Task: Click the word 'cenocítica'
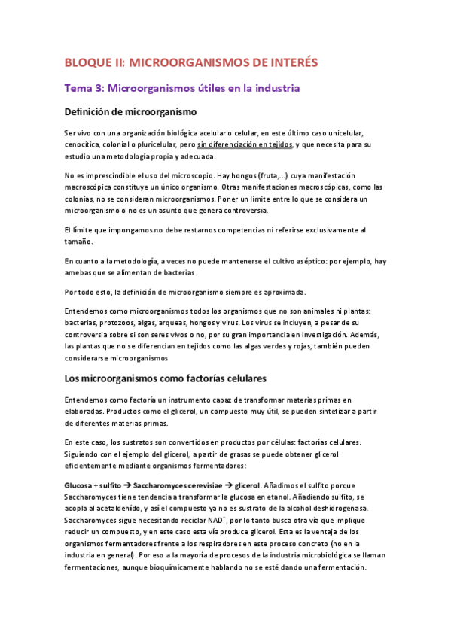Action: pyautogui.click(x=82, y=144)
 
